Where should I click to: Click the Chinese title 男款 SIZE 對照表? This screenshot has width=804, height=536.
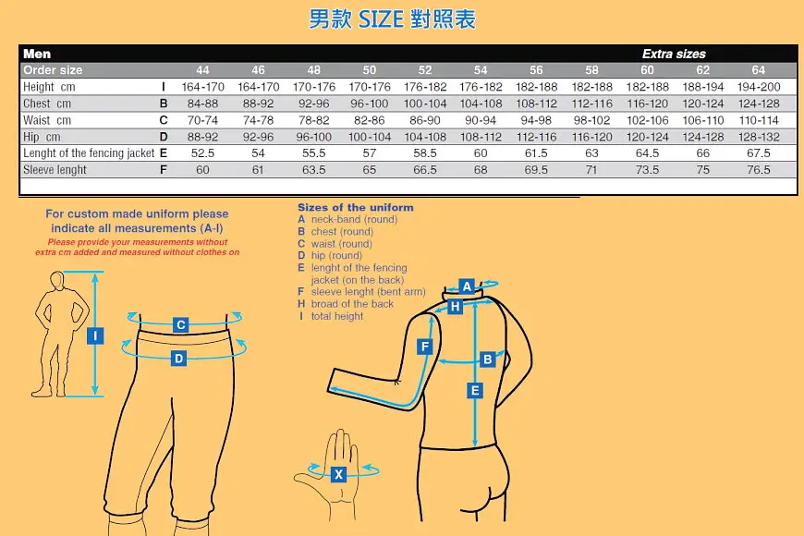click(x=392, y=19)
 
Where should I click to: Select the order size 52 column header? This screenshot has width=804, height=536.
click(x=425, y=70)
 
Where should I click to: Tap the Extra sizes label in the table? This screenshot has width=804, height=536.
click(x=674, y=54)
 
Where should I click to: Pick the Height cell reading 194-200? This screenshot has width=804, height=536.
click(x=759, y=87)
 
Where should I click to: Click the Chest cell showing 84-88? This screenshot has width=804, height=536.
click(x=202, y=104)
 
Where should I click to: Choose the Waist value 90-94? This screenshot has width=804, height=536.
click(x=481, y=120)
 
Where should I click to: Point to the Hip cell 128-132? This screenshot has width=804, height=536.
click(x=759, y=137)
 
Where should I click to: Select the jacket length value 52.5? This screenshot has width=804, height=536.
click(x=202, y=153)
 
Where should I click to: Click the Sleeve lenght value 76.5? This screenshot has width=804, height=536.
click(x=759, y=170)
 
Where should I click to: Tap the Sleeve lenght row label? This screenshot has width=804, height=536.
click(x=55, y=170)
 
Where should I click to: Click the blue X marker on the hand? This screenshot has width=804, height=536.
click(x=338, y=474)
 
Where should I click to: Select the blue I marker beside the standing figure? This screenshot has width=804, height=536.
click(x=95, y=336)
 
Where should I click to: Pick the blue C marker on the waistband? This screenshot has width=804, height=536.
click(x=180, y=324)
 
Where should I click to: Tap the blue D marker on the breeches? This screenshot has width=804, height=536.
click(x=178, y=358)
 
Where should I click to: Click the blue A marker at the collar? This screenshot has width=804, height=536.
click(x=467, y=286)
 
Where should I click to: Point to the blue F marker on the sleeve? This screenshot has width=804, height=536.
click(x=424, y=347)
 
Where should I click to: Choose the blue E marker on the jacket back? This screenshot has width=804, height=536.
click(x=475, y=391)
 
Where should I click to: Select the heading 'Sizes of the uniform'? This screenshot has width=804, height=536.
click(x=356, y=208)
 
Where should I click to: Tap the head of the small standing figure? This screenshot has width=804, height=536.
click(x=57, y=281)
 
